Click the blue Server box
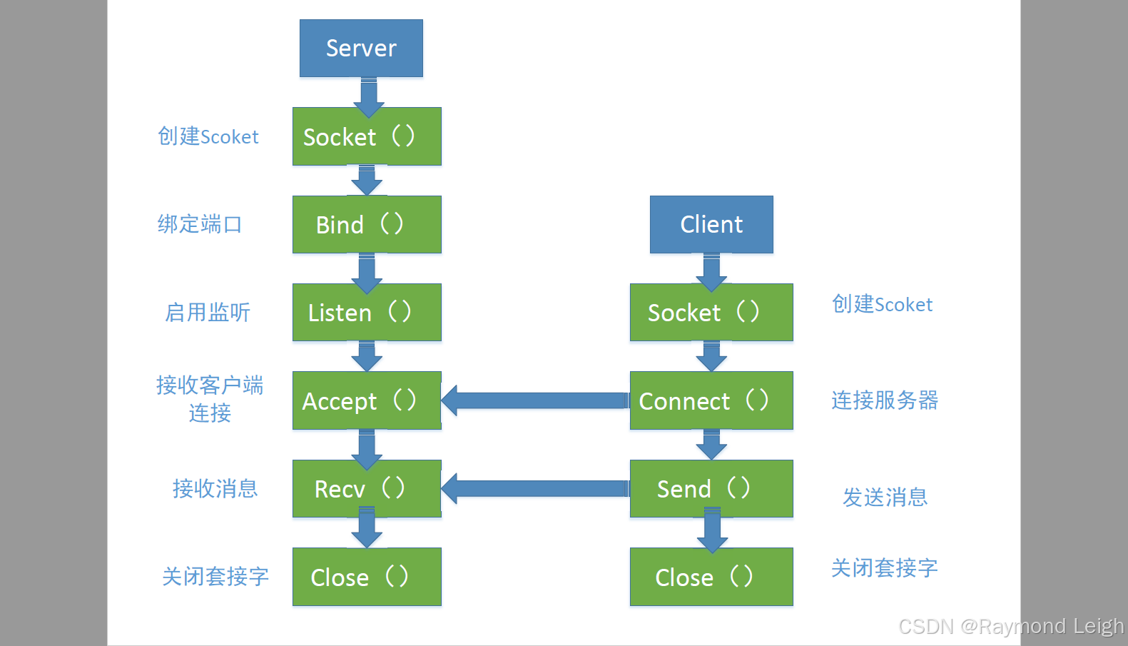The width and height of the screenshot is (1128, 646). coord(361,48)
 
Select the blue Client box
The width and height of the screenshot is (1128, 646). coord(711,224)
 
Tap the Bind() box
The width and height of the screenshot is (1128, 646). coord(367,224)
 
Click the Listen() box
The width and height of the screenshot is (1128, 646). coord(367,312)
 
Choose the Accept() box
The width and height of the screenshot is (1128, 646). coord(367,400)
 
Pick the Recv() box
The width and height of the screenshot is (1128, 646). coord(367,488)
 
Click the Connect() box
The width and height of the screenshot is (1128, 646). coord(711,400)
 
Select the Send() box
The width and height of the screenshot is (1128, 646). coord(711,488)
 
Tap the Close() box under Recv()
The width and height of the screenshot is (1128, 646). coord(367,577)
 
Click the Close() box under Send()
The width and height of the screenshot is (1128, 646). coord(711,577)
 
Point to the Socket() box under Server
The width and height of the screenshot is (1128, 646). coord(367,136)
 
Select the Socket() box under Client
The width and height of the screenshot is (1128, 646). coord(711,312)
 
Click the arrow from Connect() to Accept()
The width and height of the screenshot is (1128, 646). coord(535,400)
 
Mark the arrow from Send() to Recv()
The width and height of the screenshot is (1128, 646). coord(535,488)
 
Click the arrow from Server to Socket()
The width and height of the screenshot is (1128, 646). coord(369,96)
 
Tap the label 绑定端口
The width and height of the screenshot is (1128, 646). coord(200,224)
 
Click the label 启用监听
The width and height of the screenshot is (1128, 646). coord(208,312)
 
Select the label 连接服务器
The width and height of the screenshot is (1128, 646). coord(885,400)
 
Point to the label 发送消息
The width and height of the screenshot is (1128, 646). coord(885,497)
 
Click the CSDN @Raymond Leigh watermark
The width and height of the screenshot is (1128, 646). coord(1010,627)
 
